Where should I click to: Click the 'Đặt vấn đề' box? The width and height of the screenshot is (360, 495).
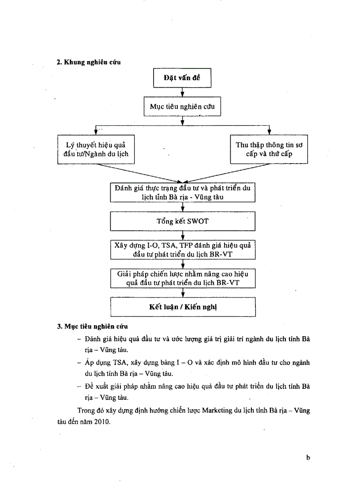click(182, 78)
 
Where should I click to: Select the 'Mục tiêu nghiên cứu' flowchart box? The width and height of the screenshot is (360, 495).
click(182, 106)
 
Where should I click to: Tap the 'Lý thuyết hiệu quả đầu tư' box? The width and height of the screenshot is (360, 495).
click(95, 150)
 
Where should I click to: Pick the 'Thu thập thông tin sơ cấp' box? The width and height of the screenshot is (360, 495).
click(270, 150)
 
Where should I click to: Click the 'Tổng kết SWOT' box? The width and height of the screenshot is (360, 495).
click(182, 221)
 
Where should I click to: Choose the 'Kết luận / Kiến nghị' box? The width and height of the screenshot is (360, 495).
click(182, 307)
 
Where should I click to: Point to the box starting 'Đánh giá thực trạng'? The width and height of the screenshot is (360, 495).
click(182, 192)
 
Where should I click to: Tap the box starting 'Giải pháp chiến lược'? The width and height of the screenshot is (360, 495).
click(182, 278)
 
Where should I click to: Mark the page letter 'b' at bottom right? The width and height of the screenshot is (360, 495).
click(308, 458)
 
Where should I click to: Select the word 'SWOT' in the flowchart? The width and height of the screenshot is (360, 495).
click(197, 221)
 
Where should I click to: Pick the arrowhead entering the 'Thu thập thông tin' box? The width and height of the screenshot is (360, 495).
click(270, 133)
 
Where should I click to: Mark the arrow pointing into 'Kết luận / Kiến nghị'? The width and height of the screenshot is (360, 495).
click(182, 293)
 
